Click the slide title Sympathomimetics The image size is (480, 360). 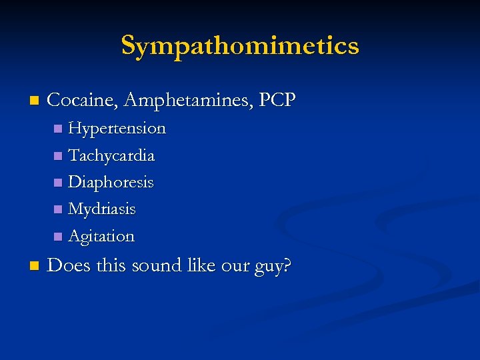[240, 45]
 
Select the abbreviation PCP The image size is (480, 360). [277, 100]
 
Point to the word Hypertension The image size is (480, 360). [117, 127]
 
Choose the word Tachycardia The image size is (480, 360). [111, 155]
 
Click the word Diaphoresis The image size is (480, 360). [111, 182]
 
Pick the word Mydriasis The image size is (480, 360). [102, 209]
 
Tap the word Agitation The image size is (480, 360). [101, 236]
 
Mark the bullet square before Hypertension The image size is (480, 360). [58, 128]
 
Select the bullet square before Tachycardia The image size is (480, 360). [58, 156]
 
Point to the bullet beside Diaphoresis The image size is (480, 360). [58, 183]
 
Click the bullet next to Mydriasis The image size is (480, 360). [58, 209]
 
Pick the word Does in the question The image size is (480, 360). [69, 265]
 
